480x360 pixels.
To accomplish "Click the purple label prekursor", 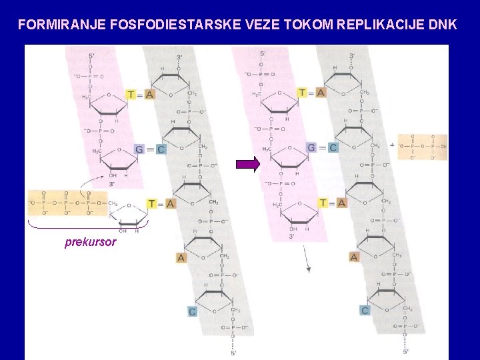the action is pyautogui.click(x=90, y=242).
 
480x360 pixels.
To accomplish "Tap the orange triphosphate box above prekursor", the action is pyautogui.click(x=67, y=203).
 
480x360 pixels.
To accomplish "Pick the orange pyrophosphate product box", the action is pyautogui.click(x=423, y=147).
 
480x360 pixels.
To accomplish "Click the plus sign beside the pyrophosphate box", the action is pyautogui.click(x=392, y=144).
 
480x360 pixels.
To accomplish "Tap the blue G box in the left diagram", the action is pyautogui.click(x=139, y=149).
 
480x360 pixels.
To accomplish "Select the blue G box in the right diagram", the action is pyautogui.click(x=311, y=147).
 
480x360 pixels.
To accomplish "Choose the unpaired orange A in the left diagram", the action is pyautogui.click(x=181, y=257).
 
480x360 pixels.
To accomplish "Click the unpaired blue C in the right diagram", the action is pyautogui.click(x=365, y=310).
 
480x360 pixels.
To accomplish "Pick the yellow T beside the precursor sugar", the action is pyautogui.click(x=152, y=203).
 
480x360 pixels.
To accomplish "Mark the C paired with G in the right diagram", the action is pyautogui.click(x=333, y=147).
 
